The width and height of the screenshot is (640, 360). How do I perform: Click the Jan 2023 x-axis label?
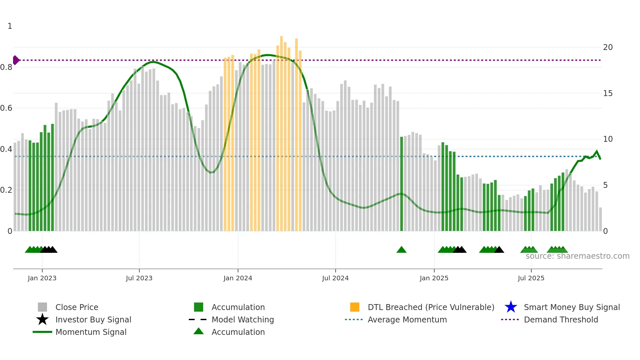pos(42,278)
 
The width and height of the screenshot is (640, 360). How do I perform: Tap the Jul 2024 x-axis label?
pos(335,278)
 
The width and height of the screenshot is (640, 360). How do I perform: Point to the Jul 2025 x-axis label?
pos(531,278)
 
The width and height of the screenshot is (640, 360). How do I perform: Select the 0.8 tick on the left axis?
pos(6,67)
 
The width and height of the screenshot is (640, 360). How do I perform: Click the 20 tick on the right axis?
pos(608,47)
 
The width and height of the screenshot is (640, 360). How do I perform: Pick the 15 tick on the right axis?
pos(608,93)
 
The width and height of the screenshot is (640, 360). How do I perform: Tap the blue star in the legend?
pos(511,307)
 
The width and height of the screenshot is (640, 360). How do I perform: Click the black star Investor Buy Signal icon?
pos(42,319)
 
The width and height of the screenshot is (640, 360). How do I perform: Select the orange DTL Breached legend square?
pos(355,307)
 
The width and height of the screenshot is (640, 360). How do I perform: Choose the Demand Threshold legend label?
pos(561,319)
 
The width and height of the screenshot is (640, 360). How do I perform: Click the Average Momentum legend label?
pos(407,319)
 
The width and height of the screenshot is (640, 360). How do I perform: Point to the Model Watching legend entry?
pos(243,319)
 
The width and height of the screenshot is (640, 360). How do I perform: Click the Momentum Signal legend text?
pos(91,332)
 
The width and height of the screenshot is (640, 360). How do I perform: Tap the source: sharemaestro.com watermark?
pos(577,256)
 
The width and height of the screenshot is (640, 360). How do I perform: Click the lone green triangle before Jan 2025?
pos(401,250)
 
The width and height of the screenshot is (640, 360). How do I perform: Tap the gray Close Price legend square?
pos(42,307)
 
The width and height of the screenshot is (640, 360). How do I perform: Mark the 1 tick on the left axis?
pos(10,26)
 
